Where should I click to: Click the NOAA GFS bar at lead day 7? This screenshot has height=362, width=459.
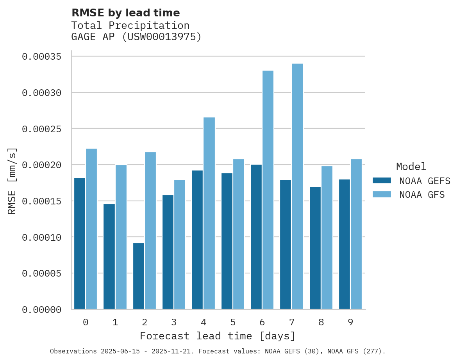(x=297, y=186)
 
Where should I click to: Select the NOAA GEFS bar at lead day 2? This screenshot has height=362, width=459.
(x=139, y=276)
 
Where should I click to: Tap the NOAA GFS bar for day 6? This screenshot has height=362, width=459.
(x=268, y=190)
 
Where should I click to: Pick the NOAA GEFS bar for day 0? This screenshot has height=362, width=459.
(x=80, y=243)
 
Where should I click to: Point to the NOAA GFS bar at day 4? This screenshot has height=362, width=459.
(x=209, y=213)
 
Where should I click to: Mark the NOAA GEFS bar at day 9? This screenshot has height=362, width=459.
(x=345, y=244)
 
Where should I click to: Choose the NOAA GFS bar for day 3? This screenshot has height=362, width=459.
(x=180, y=245)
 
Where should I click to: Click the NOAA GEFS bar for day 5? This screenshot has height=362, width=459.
(x=227, y=241)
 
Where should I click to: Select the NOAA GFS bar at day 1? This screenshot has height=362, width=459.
(x=121, y=237)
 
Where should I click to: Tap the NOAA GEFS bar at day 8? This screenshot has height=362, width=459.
(x=315, y=248)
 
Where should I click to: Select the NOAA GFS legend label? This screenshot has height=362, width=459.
(x=422, y=195)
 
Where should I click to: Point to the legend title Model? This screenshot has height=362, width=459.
(x=411, y=167)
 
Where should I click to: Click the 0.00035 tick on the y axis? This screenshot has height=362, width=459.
(x=42, y=57)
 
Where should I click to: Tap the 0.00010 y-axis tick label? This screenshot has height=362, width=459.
(x=42, y=237)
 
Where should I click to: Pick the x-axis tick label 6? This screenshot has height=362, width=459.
(x=262, y=322)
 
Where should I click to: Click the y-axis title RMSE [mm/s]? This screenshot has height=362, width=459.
(x=12, y=181)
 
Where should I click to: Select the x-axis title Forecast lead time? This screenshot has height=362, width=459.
(x=218, y=336)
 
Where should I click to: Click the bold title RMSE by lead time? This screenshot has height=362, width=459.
(x=126, y=13)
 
